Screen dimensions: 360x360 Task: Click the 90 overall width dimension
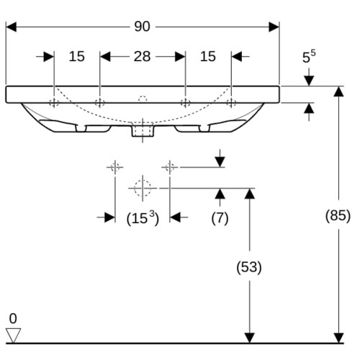(142, 27)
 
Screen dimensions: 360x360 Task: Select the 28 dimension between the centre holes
(142, 57)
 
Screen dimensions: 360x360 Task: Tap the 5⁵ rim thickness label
(309, 57)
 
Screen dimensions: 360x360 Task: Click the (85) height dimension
(338, 215)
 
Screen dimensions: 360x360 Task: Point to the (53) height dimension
(249, 267)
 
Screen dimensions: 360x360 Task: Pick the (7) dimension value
(220, 218)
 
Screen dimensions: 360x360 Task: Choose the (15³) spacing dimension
(143, 218)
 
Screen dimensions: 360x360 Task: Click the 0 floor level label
(13, 318)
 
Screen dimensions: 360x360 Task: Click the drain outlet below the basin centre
(143, 130)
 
